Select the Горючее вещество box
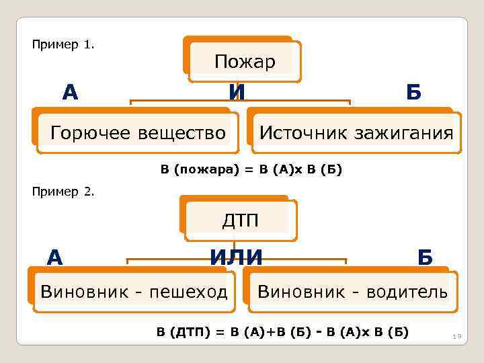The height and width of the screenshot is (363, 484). pyautogui.click(x=138, y=133)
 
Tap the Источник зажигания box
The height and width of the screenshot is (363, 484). pyautogui.click(x=356, y=133)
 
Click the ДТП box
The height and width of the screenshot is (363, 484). pyautogui.click(x=240, y=220)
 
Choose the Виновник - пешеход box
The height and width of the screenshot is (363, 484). pyautogui.click(x=134, y=292)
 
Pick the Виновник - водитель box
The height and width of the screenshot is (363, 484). pyautogui.click(x=352, y=292)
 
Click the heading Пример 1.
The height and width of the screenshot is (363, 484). pyautogui.click(x=63, y=45)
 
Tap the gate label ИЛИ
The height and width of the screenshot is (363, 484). pyautogui.click(x=236, y=256)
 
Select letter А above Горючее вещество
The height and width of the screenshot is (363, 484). pyautogui.click(x=70, y=91)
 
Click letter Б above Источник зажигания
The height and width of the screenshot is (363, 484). pyautogui.click(x=413, y=92)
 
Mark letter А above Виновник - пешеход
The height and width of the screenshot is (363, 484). pyautogui.click(x=55, y=256)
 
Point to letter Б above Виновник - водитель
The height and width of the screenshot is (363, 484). pyautogui.click(x=425, y=257)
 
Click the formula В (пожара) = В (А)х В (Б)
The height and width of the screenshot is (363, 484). pyautogui.click(x=251, y=170)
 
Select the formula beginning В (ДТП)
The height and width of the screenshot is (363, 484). pyautogui.click(x=282, y=331)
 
